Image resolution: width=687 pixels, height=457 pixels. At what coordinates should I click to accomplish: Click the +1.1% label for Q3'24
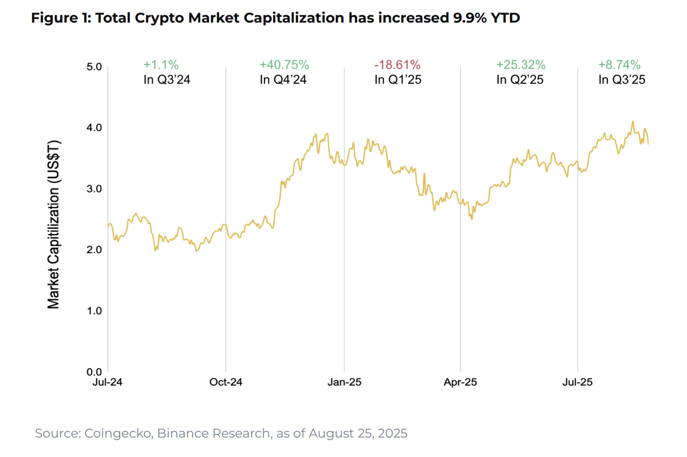tap(161, 65)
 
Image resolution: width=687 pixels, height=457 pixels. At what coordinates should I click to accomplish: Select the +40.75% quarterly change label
tap(284, 65)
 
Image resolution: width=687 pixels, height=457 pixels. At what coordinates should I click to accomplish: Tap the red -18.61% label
tap(397, 65)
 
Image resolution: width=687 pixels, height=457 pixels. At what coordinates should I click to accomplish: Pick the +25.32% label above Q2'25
tap(521, 65)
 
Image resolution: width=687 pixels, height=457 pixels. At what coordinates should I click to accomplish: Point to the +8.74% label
tap(619, 65)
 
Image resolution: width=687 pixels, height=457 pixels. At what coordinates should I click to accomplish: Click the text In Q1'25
tap(397, 80)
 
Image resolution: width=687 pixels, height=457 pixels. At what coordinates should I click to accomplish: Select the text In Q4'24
tap(284, 80)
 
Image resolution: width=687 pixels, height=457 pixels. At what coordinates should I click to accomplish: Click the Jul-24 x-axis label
tap(108, 382)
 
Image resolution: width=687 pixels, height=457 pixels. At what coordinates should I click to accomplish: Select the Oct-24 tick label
tap(225, 382)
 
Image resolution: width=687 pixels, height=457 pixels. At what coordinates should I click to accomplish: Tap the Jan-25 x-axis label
tap(344, 382)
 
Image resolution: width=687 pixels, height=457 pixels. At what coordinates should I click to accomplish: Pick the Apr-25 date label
tap(461, 382)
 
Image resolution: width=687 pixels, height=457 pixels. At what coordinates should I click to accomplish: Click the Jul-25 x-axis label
tap(578, 382)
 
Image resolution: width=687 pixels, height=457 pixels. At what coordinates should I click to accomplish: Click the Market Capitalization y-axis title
tap(54, 224)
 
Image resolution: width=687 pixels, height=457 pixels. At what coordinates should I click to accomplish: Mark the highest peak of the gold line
tap(633, 121)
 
